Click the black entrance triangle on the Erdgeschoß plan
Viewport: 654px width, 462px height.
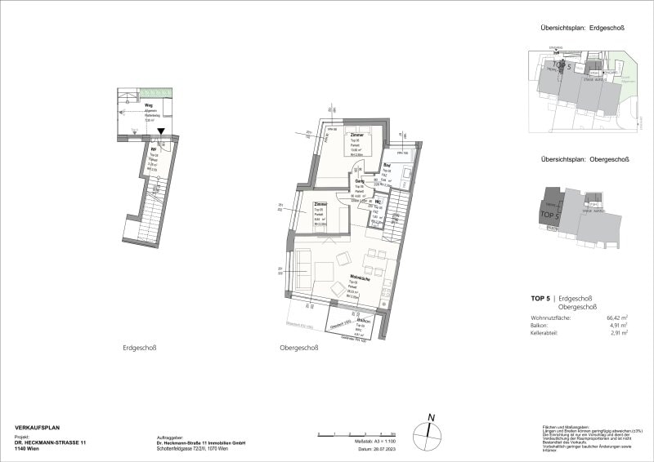tap(162, 131)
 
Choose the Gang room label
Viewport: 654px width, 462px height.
tap(359, 181)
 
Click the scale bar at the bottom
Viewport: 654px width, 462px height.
tap(357, 431)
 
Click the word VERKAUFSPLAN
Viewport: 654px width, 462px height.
tap(38, 427)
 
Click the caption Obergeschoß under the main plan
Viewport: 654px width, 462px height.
tap(298, 348)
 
